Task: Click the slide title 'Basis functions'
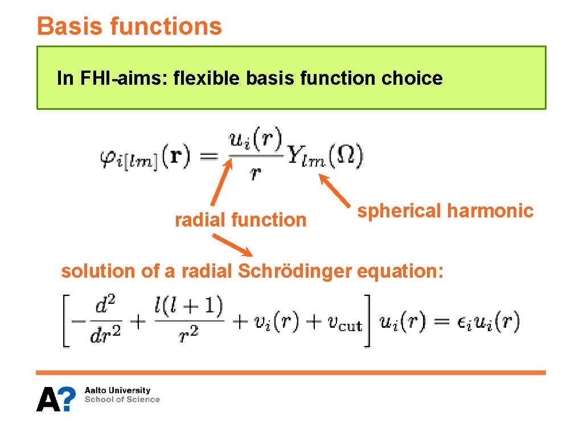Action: (x=129, y=26)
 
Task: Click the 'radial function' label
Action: (x=240, y=219)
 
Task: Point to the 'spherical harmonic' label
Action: (x=445, y=211)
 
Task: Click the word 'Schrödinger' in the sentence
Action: (x=294, y=271)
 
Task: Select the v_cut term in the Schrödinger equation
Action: (x=345, y=323)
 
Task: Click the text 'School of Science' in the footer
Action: (x=122, y=399)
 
